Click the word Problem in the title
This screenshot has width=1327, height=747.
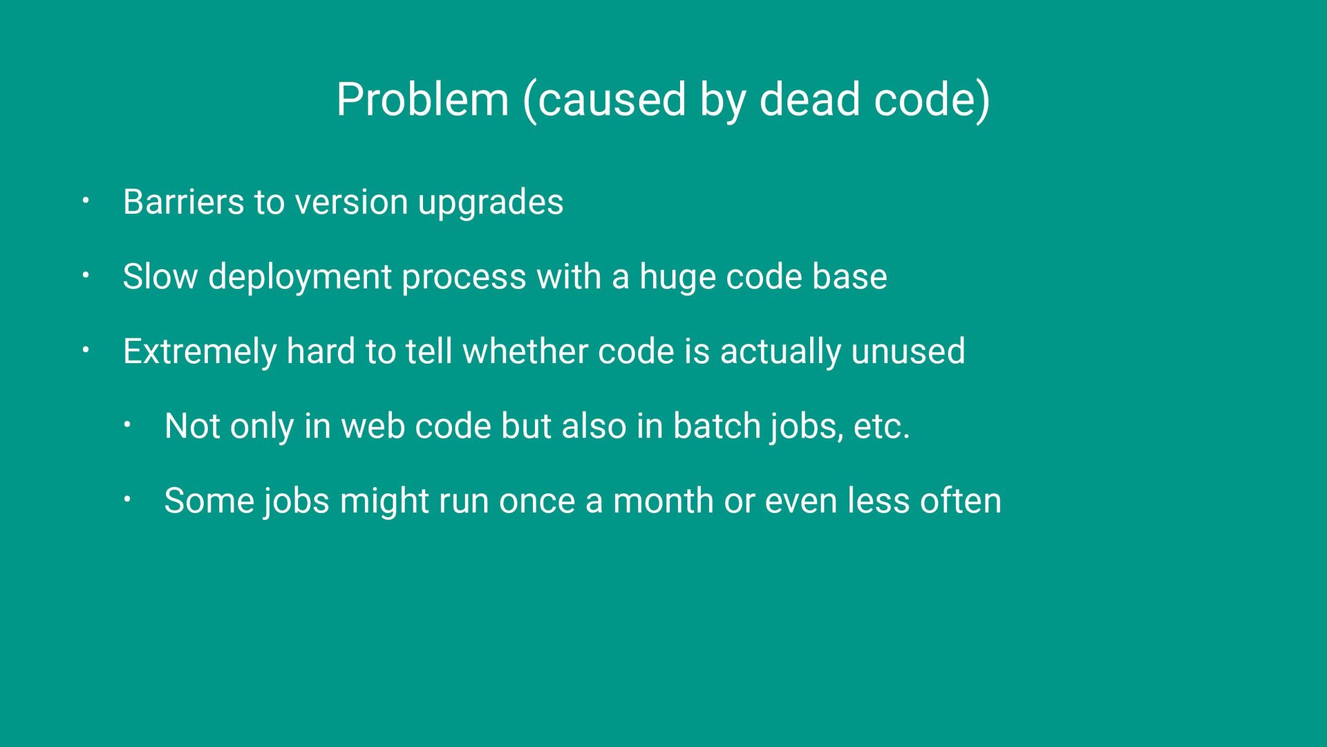pos(423,100)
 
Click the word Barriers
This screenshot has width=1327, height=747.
pos(184,202)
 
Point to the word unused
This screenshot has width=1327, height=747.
pos(908,351)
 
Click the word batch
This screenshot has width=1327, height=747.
pos(717,426)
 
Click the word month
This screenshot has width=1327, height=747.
pos(663,501)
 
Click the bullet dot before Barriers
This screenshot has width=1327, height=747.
pos(86,201)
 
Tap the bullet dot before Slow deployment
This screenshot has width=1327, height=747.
pos(86,276)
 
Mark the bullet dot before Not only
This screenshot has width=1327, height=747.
pos(127,425)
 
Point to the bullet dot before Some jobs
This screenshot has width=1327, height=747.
pos(127,500)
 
